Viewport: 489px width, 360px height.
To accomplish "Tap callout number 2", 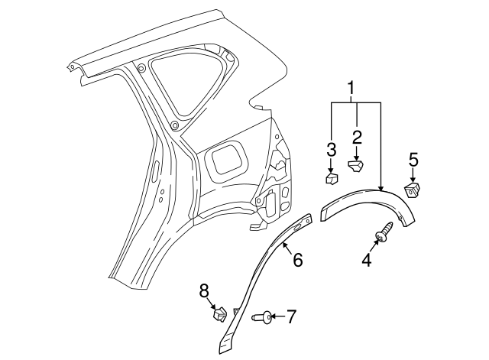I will [355, 137].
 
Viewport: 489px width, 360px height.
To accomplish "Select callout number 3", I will [330, 148].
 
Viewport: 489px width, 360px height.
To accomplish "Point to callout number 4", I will [366, 260].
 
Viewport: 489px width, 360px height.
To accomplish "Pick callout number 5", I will [413, 160].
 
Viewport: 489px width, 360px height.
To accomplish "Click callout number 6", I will [296, 260].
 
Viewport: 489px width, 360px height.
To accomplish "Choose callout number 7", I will [292, 315].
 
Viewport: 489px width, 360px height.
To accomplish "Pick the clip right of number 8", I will [219, 313].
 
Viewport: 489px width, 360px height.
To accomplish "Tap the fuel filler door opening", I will [227, 159].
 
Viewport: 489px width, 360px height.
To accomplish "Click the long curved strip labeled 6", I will [264, 275].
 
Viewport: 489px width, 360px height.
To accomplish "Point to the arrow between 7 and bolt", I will [277, 315].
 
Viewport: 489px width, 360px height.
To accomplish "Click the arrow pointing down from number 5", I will [413, 175].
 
